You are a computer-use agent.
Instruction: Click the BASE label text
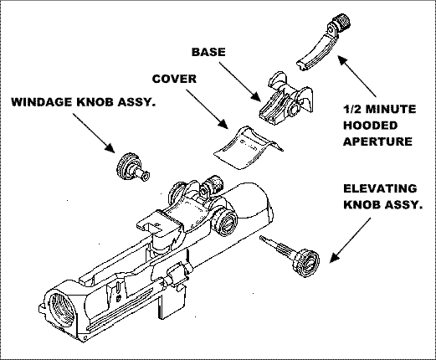(x=208, y=52)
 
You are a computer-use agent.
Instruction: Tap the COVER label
(x=174, y=79)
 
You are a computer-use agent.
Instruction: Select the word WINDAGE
(x=42, y=102)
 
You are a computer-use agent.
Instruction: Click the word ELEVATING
(x=380, y=188)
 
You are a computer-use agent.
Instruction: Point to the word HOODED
(x=370, y=126)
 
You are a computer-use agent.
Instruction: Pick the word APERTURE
(x=377, y=141)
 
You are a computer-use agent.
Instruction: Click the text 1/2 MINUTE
(x=379, y=109)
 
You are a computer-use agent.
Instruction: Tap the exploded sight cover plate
(x=247, y=149)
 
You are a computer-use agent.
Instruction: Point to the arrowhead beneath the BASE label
(x=257, y=96)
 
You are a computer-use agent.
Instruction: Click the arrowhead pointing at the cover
(x=223, y=124)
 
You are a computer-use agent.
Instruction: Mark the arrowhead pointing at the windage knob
(x=110, y=147)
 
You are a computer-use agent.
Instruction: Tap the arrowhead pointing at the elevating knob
(x=335, y=257)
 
